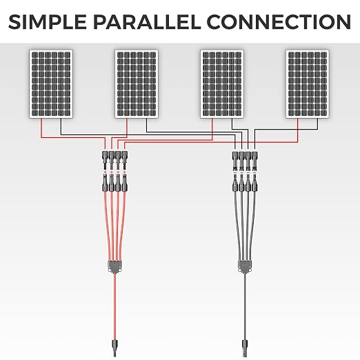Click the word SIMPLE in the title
coord(48,22)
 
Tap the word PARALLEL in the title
coord(146,22)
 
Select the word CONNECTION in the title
coord(279,22)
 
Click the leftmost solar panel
coord(51,84)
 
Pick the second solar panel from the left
coord(137,84)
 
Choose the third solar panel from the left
coord(222,84)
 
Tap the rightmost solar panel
coord(308,84)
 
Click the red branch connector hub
coord(115,267)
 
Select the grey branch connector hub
coord(245,267)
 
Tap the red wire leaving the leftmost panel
coord(73,138)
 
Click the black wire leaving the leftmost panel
coord(147,134)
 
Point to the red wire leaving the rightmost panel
coord(211,142)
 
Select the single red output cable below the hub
coord(114,306)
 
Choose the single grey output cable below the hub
coord(245,306)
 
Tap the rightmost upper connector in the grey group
coord(254,161)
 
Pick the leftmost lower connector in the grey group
coord(235,183)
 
